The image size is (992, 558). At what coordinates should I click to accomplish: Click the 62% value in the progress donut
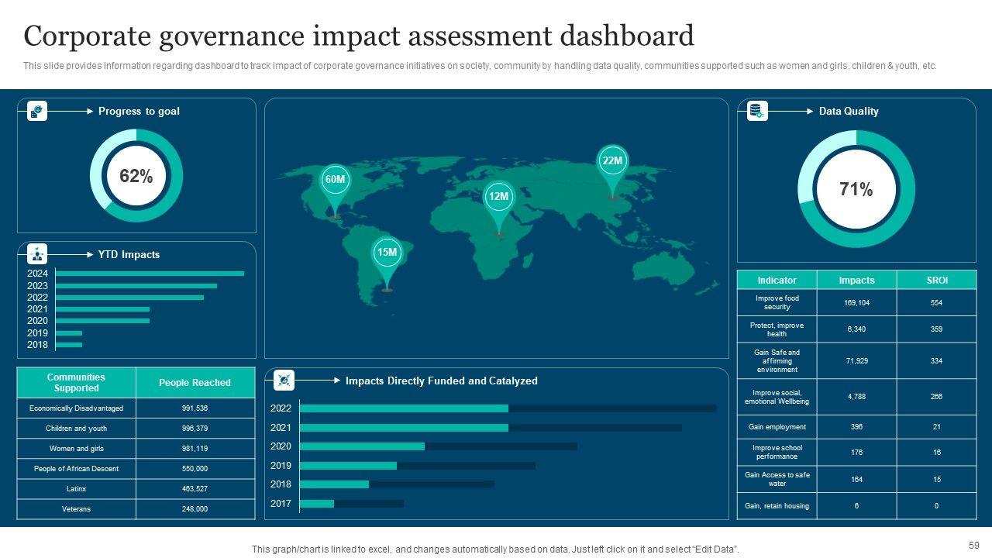(136, 176)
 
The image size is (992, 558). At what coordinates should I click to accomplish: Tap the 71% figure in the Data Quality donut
(856, 189)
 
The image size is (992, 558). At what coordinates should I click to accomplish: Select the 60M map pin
(335, 180)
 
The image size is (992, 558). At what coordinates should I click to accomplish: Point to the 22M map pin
(612, 161)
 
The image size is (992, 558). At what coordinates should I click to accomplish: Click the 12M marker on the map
(498, 197)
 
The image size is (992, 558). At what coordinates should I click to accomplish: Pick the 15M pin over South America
(387, 253)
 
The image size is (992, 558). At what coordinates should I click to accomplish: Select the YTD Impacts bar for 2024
(150, 274)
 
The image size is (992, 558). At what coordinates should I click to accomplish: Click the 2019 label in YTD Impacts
(37, 333)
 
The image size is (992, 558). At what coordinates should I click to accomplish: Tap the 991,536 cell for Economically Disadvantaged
(195, 408)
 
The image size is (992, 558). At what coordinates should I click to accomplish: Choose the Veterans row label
(76, 509)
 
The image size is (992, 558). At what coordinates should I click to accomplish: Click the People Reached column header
(195, 383)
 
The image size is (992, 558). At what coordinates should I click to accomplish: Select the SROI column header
(937, 281)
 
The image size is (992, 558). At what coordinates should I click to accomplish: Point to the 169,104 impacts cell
(856, 303)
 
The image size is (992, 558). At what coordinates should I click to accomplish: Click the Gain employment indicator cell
(777, 427)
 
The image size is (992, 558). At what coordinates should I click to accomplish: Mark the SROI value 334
(937, 361)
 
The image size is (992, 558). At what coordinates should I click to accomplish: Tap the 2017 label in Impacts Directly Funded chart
(281, 504)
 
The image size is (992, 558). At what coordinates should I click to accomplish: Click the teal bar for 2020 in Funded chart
(362, 446)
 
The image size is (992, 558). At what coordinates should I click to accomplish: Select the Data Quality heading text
(849, 112)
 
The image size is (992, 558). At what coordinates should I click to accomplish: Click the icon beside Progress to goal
(37, 112)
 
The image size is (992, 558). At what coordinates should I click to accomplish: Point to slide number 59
(974, 545)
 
